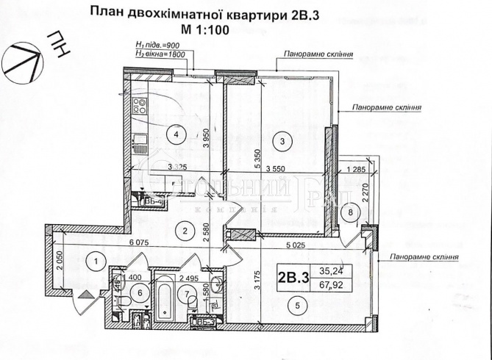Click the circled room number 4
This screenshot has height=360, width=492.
click(x=174, y=133)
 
